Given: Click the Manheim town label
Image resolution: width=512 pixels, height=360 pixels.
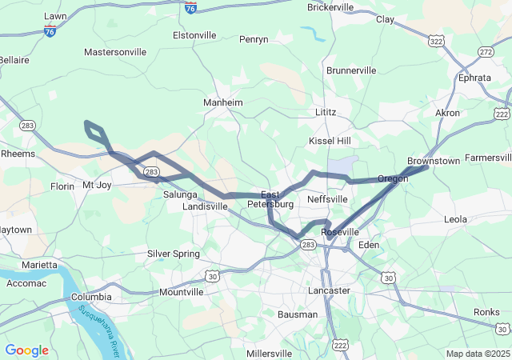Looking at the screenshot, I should [223, 103].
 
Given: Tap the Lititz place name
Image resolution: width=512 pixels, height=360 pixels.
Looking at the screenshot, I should [326, 112].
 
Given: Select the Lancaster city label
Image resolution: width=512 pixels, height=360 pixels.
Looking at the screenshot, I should [330, 290].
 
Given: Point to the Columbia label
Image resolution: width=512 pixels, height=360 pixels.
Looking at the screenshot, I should [91, 297].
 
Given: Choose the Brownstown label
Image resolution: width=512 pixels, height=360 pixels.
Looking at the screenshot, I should [433, 161].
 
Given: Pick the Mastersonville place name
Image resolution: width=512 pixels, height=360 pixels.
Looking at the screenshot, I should [115, 52].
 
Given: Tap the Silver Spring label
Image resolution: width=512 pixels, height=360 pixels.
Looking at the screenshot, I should [173, 254].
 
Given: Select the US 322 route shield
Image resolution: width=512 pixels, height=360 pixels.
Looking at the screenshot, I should [437, 40].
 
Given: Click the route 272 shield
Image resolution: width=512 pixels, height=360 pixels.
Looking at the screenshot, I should [486, 51].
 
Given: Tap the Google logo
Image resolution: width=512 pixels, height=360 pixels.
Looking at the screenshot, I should [26, 350].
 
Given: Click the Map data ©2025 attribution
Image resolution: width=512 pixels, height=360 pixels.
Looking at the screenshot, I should [477, 354].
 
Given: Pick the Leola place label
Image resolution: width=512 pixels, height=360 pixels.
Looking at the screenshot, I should [455, 218].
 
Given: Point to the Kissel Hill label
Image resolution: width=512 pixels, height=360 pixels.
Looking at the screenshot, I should [330, 141].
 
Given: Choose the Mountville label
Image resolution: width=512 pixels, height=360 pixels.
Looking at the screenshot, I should [182, 292].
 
